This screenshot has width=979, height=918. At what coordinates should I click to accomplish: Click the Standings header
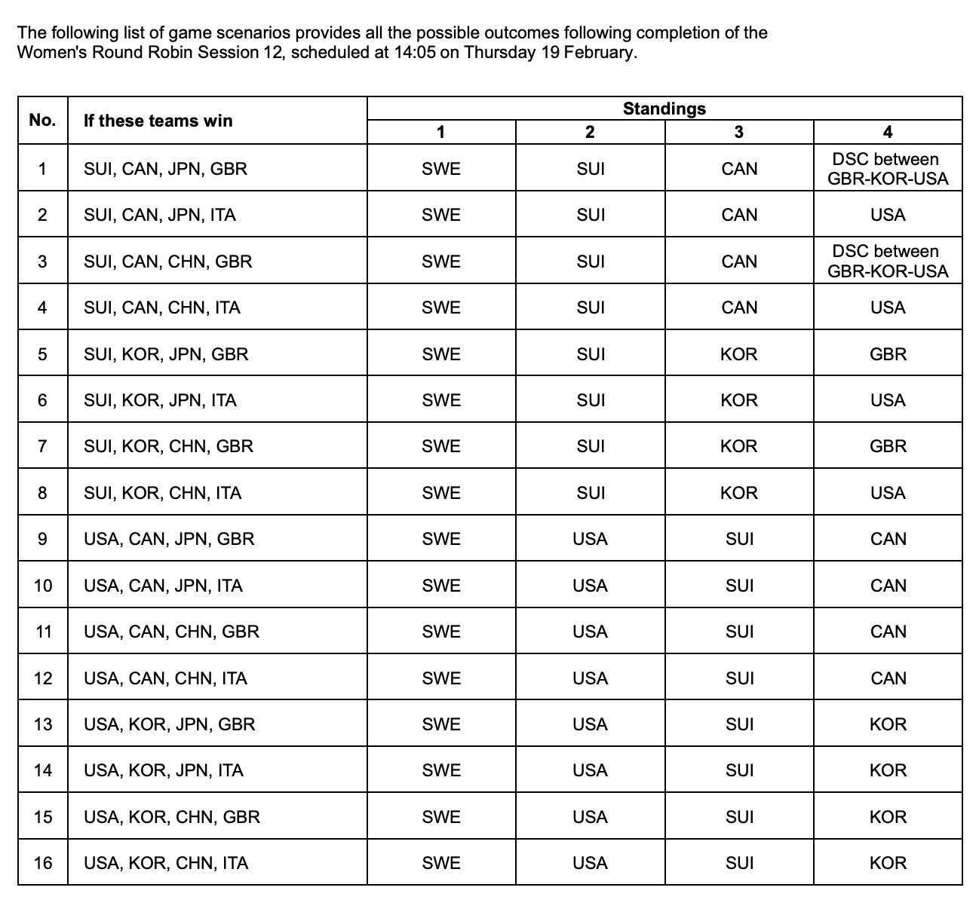coord(664,109)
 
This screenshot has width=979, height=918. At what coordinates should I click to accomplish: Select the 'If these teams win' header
coord(158,121)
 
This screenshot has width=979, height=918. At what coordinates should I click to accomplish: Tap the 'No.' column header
coord(42,121)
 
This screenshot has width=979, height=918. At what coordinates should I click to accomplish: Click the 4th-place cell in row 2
coord(887,216)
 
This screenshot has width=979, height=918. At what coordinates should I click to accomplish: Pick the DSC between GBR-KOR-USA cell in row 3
coord(887,262)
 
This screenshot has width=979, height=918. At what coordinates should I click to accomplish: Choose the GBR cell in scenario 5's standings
coord(887,354)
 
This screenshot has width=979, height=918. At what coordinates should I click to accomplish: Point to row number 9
coord(42,539)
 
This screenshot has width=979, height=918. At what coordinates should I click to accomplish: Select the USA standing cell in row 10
coord(590,586)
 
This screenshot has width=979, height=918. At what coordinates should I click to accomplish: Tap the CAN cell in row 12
coord(887,678)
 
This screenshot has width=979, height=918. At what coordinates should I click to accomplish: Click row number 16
coord(43,863)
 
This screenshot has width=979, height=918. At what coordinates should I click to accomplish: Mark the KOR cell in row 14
coord(887,770)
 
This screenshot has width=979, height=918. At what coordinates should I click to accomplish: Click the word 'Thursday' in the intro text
coord(499,53)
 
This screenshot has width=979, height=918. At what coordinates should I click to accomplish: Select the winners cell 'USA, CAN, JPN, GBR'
coord(169,539)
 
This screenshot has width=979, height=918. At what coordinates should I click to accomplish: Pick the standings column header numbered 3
coord(738,133)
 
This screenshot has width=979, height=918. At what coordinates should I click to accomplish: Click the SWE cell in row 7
coord(440,446)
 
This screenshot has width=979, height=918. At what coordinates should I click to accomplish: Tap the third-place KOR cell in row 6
coord(738,400)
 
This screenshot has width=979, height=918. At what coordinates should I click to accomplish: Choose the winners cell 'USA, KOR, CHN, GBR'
coord(172,817)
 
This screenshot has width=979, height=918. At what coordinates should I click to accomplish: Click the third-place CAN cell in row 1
coord(738,169)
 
